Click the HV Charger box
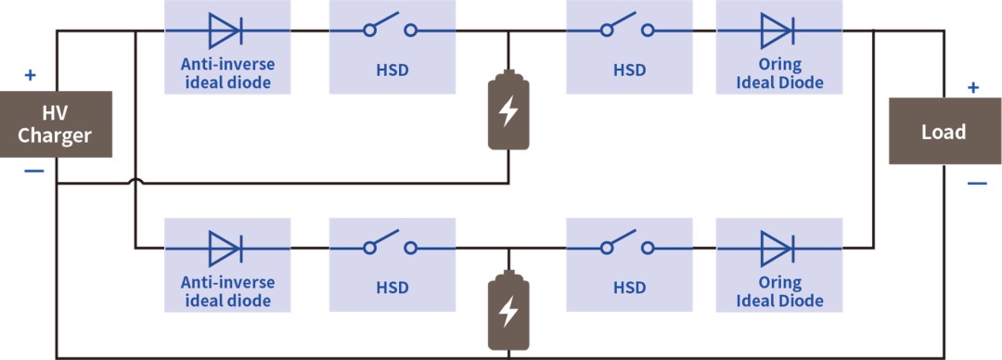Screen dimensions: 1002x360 click(56, 124)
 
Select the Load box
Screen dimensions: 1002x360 click(944, 131)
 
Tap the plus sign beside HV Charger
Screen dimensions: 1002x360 click(30, 75)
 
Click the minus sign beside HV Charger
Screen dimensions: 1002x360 click(33, 171)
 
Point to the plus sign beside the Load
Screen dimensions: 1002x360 click(972, 87)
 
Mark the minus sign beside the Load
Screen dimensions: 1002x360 click(976, 184)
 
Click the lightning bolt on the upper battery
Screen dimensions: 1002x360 click(508, 112)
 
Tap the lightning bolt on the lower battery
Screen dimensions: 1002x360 click(508, 312)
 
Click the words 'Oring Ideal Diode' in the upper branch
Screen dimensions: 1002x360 click(779, 74)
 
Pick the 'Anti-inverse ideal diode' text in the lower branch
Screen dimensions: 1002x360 click(227, 291)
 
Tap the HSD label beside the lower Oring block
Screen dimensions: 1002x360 click(629, 288)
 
